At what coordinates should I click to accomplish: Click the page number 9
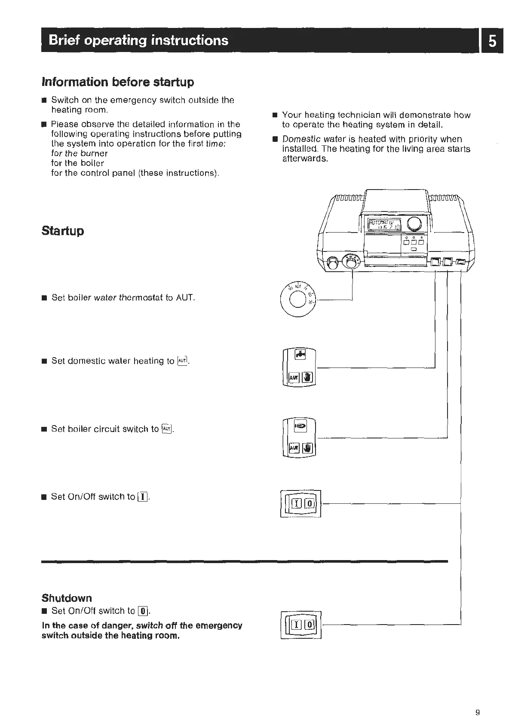click(478, 700)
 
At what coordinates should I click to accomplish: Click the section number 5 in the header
click(493, 41)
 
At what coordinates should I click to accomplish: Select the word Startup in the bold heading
click(63, 231)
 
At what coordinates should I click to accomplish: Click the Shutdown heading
click(67, 598)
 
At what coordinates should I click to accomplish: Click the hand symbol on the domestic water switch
click(308, 377)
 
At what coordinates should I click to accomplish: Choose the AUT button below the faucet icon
click(294, 377)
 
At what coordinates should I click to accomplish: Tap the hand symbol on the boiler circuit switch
click(308, 448)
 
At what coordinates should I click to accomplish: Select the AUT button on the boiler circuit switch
click(294, 448)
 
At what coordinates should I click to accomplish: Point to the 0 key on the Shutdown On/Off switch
click(310, 625)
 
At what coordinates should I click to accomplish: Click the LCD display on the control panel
click(383, 224)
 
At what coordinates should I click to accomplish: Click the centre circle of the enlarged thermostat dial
click(297, 300)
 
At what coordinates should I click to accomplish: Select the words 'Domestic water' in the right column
click(308, 139)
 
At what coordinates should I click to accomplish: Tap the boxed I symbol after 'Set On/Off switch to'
click(143, 497)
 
